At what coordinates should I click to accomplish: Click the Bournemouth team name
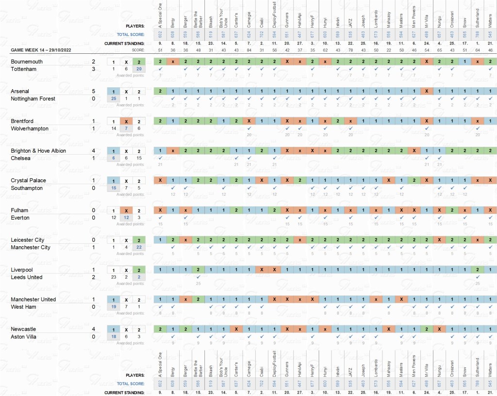(x=27, y=62)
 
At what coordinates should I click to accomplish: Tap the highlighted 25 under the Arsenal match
(x=114, y=99)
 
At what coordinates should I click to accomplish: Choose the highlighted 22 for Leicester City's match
(x=139, y=248)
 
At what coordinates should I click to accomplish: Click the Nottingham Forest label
(x=33, y=99)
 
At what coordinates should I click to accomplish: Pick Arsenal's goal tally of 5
(x=94, y=91)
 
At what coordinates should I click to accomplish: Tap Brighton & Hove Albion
(x=38, y=151)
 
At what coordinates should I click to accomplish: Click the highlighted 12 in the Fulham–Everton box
(x=126, y=218)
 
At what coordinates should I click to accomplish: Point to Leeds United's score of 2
(x=94, y=277)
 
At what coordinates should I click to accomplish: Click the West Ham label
(x=23, y=307)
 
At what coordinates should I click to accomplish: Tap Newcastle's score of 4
(x=94, y=329)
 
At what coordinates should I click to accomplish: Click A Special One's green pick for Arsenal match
(x=160, y=91)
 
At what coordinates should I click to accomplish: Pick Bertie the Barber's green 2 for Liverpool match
(x=198, y=269)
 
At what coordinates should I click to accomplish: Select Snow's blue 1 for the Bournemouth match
(x=464, y=62)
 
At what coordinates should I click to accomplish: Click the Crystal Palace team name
(x=28, y=180)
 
